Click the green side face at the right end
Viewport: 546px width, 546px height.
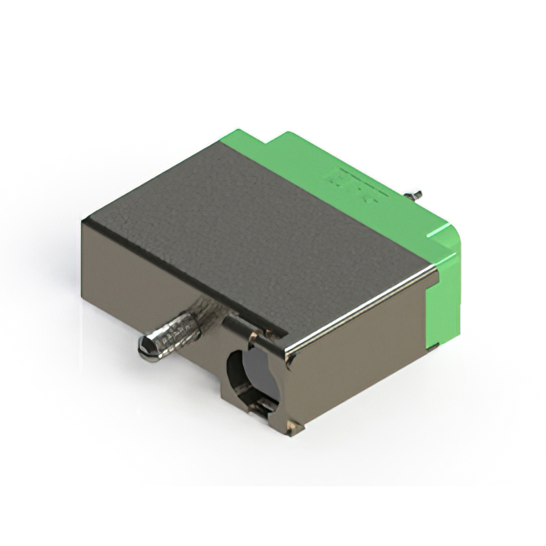tap(448, 290)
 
